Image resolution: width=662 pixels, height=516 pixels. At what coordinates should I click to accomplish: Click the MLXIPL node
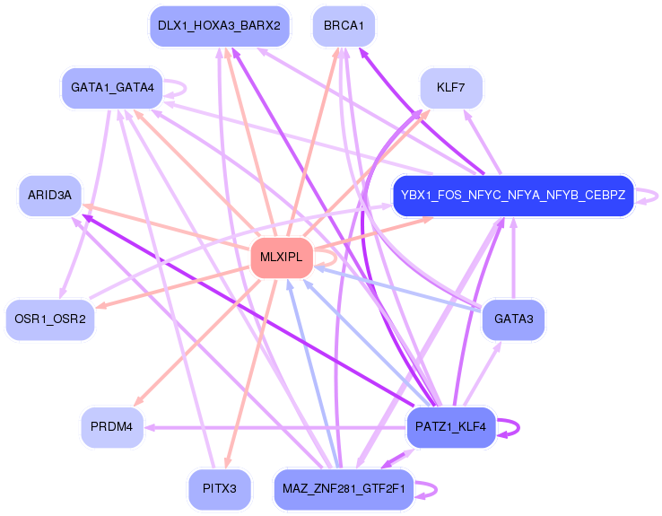click(282, 258)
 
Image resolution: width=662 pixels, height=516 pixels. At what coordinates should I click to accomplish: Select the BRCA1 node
click(344, 26)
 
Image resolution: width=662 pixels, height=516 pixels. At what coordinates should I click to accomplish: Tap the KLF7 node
click(451, 88)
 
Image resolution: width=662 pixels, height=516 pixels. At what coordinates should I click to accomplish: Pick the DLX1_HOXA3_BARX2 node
click(219, 26)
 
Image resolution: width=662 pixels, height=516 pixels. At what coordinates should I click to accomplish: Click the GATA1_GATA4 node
click(112, 88)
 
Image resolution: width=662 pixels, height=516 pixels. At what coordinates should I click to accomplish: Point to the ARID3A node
click(50, 196)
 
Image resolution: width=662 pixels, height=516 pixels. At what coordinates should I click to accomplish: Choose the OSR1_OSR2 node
click(50, 319)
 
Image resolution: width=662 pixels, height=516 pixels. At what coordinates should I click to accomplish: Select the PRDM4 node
click(112, 427)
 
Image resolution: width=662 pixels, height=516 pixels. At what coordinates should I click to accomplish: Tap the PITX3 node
click(220, 489)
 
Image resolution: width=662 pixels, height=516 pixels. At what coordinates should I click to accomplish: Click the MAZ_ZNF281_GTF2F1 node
click(344, 489)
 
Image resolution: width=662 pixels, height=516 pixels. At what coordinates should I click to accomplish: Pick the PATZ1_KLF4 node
click(451, 427)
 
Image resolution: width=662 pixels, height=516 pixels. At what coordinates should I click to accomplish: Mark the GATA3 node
click(513, 319)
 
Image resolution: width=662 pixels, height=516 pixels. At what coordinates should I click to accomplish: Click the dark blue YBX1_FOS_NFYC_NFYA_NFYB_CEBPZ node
click(513, 196)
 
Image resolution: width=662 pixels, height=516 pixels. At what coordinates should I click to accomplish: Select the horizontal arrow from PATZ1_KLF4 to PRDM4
click(275, 428)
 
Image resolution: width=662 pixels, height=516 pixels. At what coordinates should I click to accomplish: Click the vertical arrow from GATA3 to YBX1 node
click(513, 258)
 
